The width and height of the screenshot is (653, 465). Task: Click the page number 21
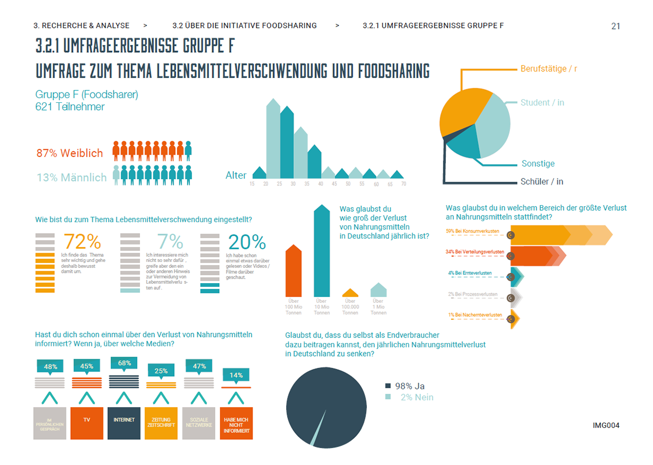pos(615,26)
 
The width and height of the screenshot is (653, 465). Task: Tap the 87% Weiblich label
pos(70,153)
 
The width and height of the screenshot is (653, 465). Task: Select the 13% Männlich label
pos(71,177)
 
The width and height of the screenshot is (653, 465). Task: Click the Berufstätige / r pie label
pos(549,69)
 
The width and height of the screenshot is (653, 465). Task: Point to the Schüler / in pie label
pos(541,181)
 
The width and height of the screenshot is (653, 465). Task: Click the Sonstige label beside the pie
pos(538,163)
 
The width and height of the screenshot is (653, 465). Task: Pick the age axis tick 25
pos(279,185)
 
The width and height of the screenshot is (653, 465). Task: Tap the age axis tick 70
pos(403,185)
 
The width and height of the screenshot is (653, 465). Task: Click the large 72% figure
pos(82,242)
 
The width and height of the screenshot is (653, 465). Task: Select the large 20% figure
pos(247,242)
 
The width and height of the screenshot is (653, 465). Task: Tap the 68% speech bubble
pos(124,363)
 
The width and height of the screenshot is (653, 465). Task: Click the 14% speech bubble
pos(236,375)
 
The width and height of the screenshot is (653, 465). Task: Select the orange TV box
pos(87,423)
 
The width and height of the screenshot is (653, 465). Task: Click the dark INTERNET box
pos(124,423)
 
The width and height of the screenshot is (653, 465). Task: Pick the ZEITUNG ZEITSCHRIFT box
pos(161,423)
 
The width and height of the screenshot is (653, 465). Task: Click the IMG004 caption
pos(606,425)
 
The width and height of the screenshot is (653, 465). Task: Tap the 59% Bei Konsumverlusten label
pos(472,231)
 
